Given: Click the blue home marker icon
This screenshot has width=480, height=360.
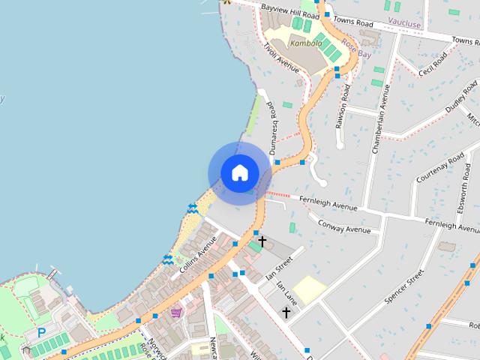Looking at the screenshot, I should click(x=239, y=172).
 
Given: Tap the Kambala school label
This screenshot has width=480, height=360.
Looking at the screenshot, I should click(x=305, y=43).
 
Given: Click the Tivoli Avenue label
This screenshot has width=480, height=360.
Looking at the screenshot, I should click(x=281, y=58).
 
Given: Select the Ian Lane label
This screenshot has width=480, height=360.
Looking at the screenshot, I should click(x=288, y=292).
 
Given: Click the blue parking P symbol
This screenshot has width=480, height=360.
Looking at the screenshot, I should click(x=41, y=333).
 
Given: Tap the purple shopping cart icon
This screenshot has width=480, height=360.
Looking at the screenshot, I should click(x=175, y=312).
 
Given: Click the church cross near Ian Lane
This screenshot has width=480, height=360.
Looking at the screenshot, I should click(x=286, y=311).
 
